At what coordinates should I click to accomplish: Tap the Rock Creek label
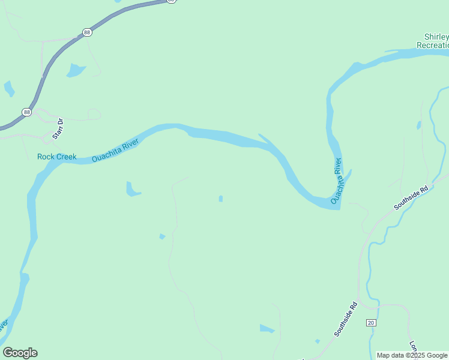pyautogui.click(x=57, y=157)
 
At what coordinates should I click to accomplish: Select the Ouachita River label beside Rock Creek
pyautogui.click(x=115, y=151)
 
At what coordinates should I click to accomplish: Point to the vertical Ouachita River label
pyautogui.click(x=339, y=179)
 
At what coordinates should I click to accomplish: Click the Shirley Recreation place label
pyautogui.click(x=433, y=41)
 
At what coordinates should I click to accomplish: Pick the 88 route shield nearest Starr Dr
pyautogui.click(x=26, y=112)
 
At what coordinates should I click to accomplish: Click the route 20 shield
pyautogui.click(x=371, y=323)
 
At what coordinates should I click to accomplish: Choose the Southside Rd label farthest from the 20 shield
pyautogui.click(x=411, y=198)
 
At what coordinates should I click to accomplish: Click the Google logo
pyautogui.click(x=20, y=353)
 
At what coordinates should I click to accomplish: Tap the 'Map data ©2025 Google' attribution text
pyautogui.click(x=412, y=355)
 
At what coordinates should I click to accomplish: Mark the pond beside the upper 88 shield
pyautogui.click(x=76, y=70)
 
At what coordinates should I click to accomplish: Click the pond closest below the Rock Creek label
pyautogui.click(x=133, y=190)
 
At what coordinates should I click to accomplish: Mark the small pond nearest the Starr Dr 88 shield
pyautogui.click(x=9, y=89)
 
